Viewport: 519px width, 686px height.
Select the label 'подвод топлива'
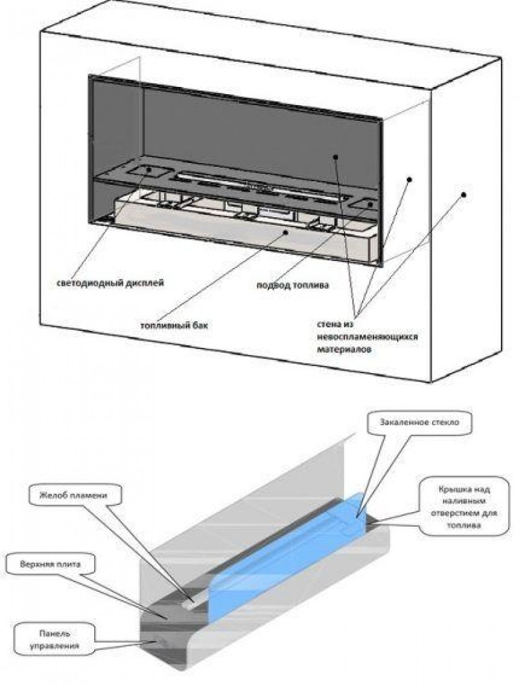(x=286, y=284)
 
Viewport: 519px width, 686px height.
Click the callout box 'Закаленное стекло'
(x=416, y=422)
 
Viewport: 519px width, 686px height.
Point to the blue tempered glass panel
(x=285, y=552)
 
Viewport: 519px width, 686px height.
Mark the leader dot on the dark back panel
(x=336, y=157)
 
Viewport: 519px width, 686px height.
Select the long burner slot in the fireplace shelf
(x=259, y=184)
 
